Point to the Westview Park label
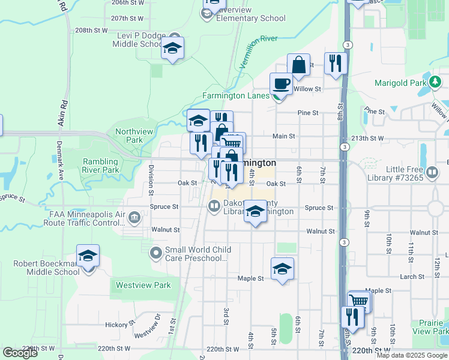[x=143, y=285]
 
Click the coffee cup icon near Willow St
[x=280, y=83]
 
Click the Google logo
[x=20, y=353]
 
